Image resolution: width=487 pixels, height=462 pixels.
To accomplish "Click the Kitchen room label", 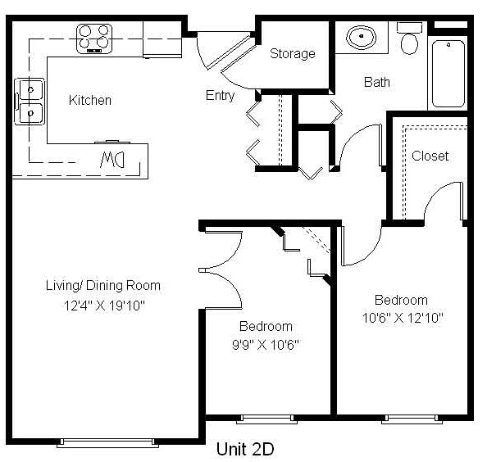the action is click(x=89, y=100).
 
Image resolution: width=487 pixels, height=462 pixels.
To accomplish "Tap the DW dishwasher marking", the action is click(x=112, y=160).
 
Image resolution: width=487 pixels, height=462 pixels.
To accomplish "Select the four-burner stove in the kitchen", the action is click(x=94, y=38).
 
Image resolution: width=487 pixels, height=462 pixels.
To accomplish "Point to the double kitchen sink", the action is click(x=30, y=102).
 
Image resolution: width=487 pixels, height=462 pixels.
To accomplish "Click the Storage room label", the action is click(x=292, y=54).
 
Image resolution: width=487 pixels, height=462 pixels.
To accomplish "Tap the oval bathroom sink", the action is click(x=361, y=37).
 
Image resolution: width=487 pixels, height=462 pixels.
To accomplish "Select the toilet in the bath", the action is click(x=409, y=38).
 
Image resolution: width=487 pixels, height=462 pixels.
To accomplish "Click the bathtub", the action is click(x=448, y=74).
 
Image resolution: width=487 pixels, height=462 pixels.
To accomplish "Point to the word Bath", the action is click(x=377, y=82).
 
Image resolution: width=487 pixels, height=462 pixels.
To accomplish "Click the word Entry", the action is click(x=220, y=96).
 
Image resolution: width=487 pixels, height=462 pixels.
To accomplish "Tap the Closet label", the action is click(x=430, y=156).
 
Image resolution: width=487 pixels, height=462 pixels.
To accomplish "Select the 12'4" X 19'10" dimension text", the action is click(x=104, y=306).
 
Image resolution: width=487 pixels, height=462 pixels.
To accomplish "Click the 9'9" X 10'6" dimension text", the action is click(x=266, y=344).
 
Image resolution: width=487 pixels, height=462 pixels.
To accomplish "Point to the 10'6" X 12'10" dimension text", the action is click(x=403, y=318).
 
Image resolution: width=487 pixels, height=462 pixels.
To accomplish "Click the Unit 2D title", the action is click(x=245, y=449).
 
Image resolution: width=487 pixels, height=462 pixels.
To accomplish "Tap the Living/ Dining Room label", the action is click(x=102, y=285).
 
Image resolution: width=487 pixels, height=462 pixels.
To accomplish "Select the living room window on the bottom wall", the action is click(x=107, y=443).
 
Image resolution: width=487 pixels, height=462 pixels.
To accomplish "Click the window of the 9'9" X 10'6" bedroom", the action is click(x=266, y=419).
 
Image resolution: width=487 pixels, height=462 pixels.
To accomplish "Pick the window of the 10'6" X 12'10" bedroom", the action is click(x=412, y=419).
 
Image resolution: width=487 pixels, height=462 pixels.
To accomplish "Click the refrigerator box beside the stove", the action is click(x=162, y=39).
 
